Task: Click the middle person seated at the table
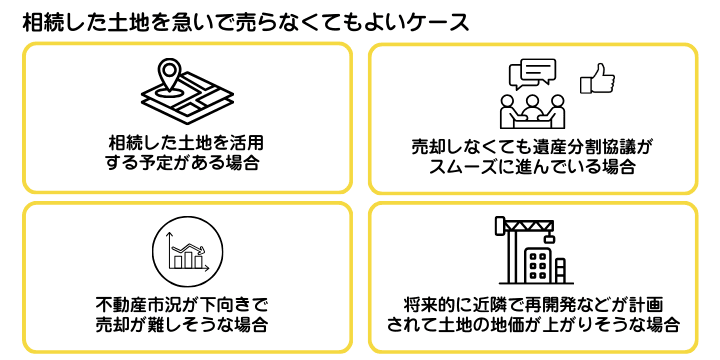(532, 101)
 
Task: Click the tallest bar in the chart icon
(185, 259)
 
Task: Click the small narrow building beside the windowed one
(563, 271)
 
